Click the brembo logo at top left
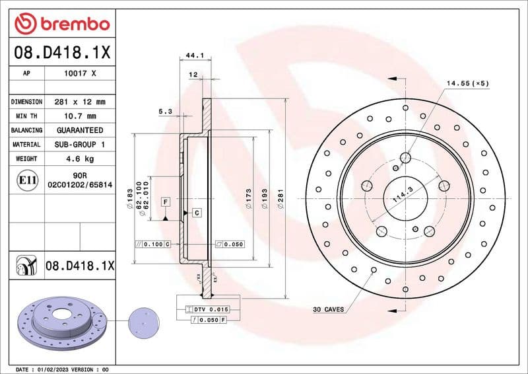[62, 24]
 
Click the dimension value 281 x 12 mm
[81, 102]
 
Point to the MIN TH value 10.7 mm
[81, 116]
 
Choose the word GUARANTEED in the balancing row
[81, 130]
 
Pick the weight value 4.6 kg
[81, 159]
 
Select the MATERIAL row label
[26, 144]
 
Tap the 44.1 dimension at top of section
[194, 55]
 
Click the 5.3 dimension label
[165, 112]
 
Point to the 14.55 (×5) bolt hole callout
[467, 83]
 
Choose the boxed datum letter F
[165, 200]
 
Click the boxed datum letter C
[196, 212]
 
